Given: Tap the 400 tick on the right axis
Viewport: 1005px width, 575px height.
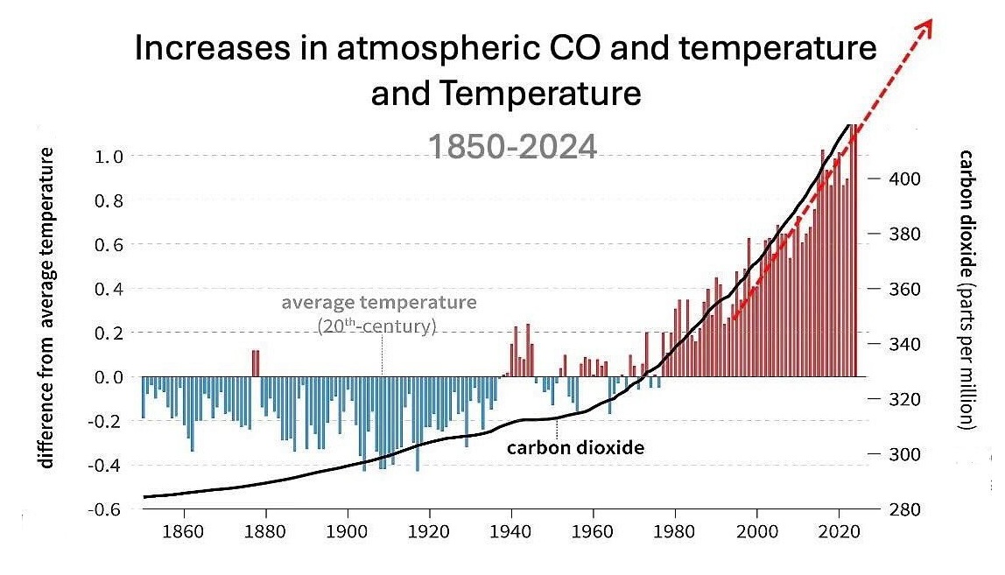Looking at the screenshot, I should click(902, 179).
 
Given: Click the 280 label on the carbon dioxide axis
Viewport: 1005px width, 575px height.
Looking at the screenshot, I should click(902, 509).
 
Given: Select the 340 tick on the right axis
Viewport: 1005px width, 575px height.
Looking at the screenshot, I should click(902, 344).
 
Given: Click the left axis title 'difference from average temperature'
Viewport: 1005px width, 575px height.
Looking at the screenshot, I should click(47, 308).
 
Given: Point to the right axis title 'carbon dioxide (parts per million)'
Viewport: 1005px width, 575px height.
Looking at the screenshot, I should click(966, 289).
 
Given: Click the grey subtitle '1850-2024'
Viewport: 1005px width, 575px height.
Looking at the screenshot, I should click(512, 146).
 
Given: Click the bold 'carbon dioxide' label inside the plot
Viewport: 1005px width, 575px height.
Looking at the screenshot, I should click(576, 448).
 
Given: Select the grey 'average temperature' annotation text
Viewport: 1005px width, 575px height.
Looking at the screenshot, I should click(379, 303).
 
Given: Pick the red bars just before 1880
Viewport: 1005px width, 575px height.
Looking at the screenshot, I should click(256, 362).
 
